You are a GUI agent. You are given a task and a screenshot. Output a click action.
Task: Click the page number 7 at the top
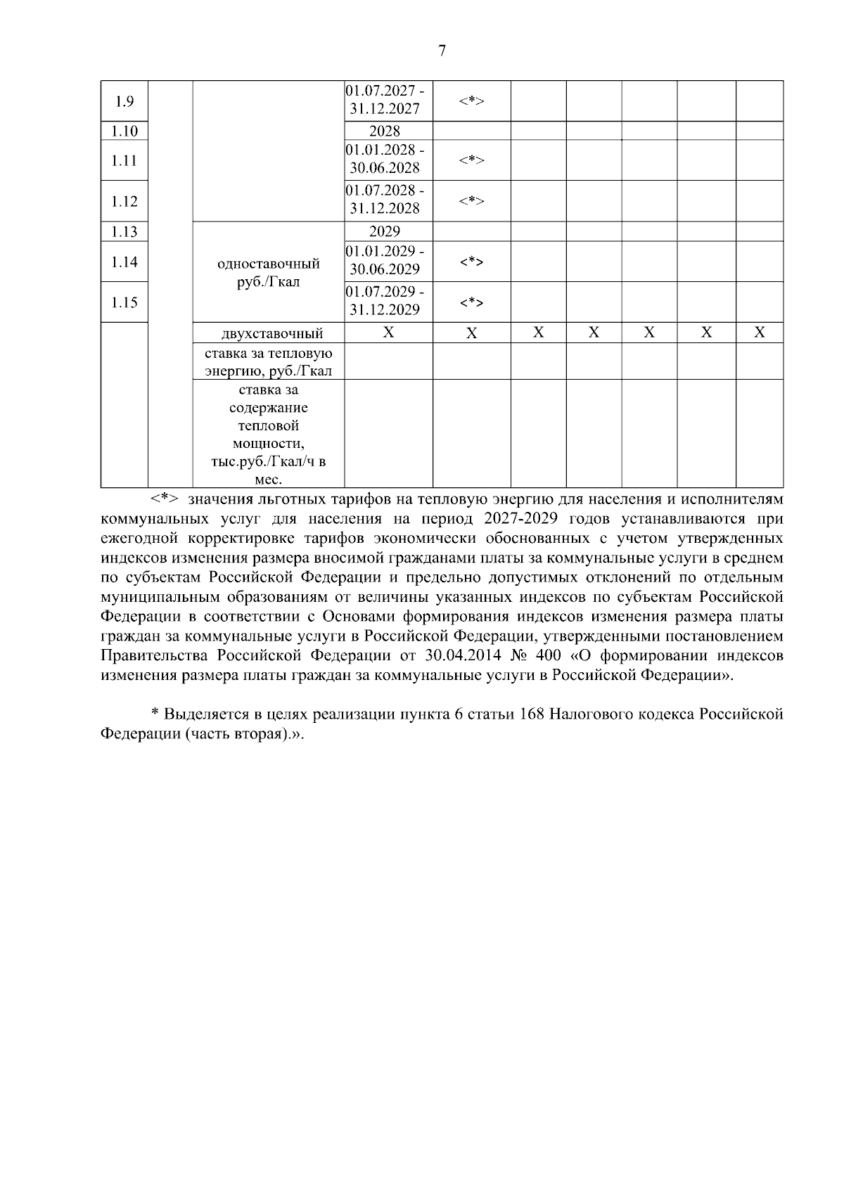pyautogui.click(x=442, y=51)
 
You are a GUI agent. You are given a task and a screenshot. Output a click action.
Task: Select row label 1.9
pyautogui.click(x=124, y=101)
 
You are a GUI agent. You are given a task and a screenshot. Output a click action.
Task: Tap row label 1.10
pyautogui.click(x=124, y=131)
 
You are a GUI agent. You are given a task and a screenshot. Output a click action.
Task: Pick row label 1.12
pyautogui.click(x=124, y=201)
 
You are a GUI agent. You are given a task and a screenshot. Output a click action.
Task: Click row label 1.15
pyautogui.click(x=124, y=302)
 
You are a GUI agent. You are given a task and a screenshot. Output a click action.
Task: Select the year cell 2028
pyautogui.click(x=385, y=131)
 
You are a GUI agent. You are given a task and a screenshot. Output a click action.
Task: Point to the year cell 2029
pyautogui.click(x=385, y=231)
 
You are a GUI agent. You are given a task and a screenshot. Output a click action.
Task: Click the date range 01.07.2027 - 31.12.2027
pyautogui.click(x=385, y=101)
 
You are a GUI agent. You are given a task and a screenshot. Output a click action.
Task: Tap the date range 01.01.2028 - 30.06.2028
pyautogui.click(x=385, y=160)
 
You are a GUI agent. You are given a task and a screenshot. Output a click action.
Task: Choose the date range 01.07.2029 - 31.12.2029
pyautogui.click(x=385, y=301)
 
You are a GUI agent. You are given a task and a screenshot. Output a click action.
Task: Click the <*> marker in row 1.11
pyautogui.click(x=471, y=160)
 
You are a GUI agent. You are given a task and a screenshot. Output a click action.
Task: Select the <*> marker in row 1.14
pyautogui.click(x=471, y=262)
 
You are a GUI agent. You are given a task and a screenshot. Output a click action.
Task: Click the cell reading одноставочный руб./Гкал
pyautogui.click(x=269, y=273)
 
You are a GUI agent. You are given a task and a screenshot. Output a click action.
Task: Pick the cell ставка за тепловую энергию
pyautogui.click(x=269, y=361)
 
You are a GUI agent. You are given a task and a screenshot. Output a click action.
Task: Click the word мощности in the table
pyautogui.click(x=269, y=444)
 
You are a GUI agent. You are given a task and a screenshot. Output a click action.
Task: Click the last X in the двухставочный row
pyautogui.click(x=760, y=333)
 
